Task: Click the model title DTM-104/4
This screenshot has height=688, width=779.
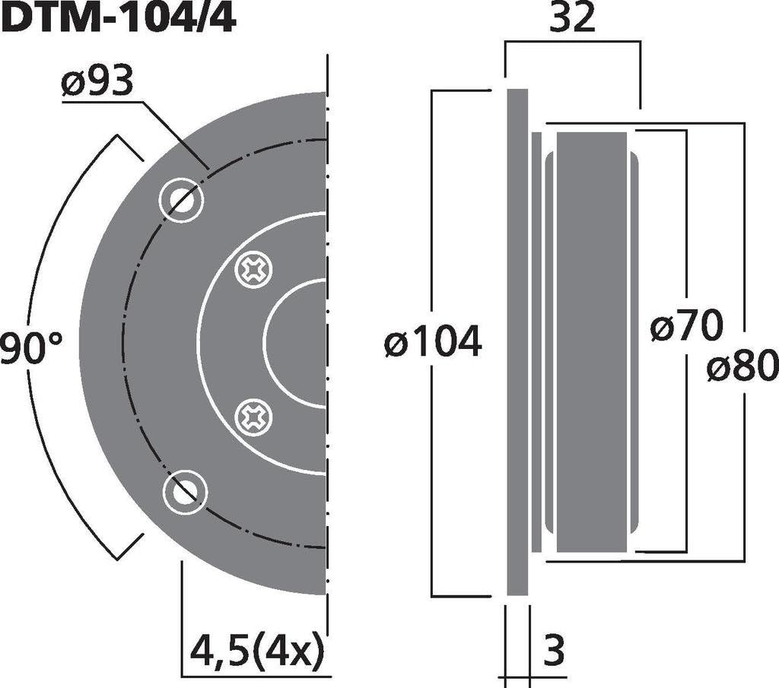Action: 118,19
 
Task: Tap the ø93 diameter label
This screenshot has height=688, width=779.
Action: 97,81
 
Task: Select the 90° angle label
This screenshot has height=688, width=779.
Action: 30,348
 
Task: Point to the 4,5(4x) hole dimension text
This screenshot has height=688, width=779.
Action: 257,650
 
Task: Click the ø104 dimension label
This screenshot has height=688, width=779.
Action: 433,341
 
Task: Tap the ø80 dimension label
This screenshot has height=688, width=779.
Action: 742,365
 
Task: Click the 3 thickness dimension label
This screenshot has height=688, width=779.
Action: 554,650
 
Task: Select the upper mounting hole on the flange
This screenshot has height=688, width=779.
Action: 181,199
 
